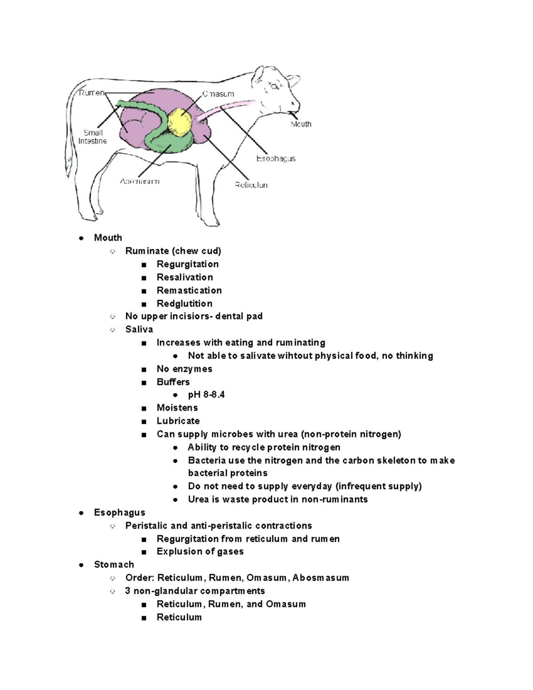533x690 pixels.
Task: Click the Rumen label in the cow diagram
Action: coord(91,93)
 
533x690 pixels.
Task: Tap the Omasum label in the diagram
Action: coord(218,94)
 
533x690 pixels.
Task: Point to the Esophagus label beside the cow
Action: coord(276,159)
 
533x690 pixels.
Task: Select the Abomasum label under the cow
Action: coord(139,181)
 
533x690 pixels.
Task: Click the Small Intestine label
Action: coord(93,137)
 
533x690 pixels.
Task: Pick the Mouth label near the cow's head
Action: coord(301,124)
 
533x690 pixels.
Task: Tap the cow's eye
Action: coord(274,86)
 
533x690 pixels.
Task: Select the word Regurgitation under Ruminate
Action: coord(187,264)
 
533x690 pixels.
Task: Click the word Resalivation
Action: coord(185,277)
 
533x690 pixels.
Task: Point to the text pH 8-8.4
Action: coord(206,395)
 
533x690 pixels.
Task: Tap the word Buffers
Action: coord(173,382)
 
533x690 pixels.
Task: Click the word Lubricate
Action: coord(178,421)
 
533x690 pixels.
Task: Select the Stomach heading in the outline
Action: coord(114,564)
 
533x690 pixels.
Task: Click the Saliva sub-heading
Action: coord(139,329)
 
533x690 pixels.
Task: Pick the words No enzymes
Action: coord(184,369)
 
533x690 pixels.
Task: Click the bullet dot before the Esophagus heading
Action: coord(81,513)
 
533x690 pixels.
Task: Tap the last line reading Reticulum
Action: coord(179,617)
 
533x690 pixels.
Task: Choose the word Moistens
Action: coord(177,408)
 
